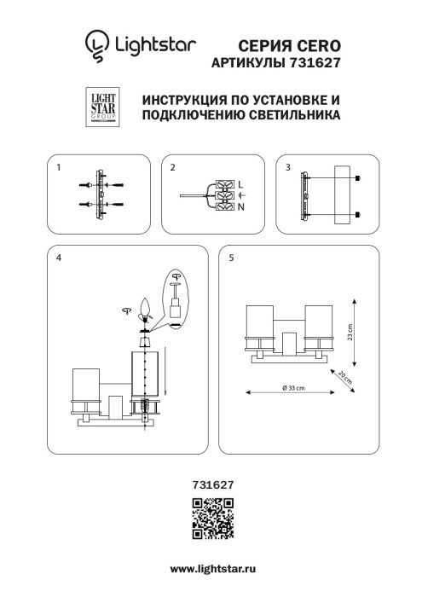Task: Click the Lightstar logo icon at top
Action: (96, 43)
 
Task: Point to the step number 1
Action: (59, 168)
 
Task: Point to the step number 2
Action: (172, 168)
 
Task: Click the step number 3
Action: (287, 168)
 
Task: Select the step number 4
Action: (59, 257)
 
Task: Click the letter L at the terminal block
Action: (241, 184)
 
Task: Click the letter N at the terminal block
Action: (241, 207)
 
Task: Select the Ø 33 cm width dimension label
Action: (292, 388)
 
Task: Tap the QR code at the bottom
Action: (211, 520)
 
